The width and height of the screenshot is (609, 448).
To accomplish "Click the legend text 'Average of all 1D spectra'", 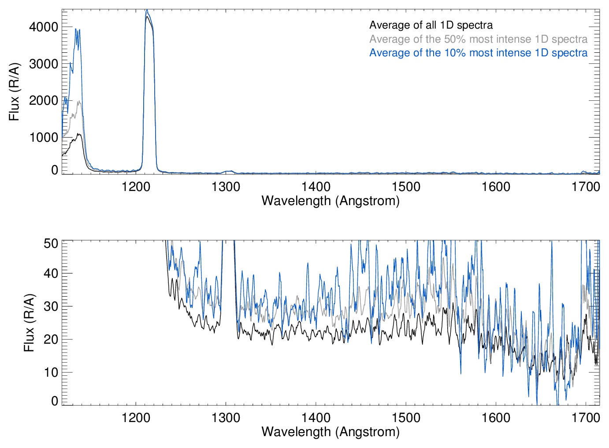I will click(431, 26).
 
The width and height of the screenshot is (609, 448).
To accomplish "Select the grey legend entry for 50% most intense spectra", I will click(478, 39).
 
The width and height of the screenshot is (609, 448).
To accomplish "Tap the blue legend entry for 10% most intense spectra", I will click(478, 53).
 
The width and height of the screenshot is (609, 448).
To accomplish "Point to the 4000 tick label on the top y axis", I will click(43, 27).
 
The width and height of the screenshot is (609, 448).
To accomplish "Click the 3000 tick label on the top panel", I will click(43, 64).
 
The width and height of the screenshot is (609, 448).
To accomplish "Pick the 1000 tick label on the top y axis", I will click(43, 138).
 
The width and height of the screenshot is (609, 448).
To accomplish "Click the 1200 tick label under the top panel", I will click(136, 187).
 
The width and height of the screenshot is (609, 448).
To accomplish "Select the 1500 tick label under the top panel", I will click(406, 187).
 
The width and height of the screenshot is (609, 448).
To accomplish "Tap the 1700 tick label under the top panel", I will click(586, 187).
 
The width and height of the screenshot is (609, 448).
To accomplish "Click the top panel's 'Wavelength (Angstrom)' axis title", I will click(330, 201).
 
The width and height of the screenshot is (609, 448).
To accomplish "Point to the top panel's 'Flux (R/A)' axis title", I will click(15, 92).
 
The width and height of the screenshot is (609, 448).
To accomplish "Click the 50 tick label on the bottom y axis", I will click(51, 243).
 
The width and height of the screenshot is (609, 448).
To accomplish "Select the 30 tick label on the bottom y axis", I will click(51, 306).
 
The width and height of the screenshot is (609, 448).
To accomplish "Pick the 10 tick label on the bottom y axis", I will click(51, 372).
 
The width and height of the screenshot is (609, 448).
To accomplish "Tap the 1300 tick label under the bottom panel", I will click(226, 417).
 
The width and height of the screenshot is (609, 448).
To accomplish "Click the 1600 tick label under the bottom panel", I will click(496, 417).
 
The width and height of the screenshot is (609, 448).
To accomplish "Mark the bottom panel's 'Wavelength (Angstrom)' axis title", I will click(330, 432).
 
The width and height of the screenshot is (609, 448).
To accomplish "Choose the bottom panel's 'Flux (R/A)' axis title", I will click(29, 323).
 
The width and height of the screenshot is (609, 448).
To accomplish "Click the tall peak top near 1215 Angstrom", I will click(147, 11).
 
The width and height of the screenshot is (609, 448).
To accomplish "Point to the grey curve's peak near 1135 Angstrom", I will click(79, 102).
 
